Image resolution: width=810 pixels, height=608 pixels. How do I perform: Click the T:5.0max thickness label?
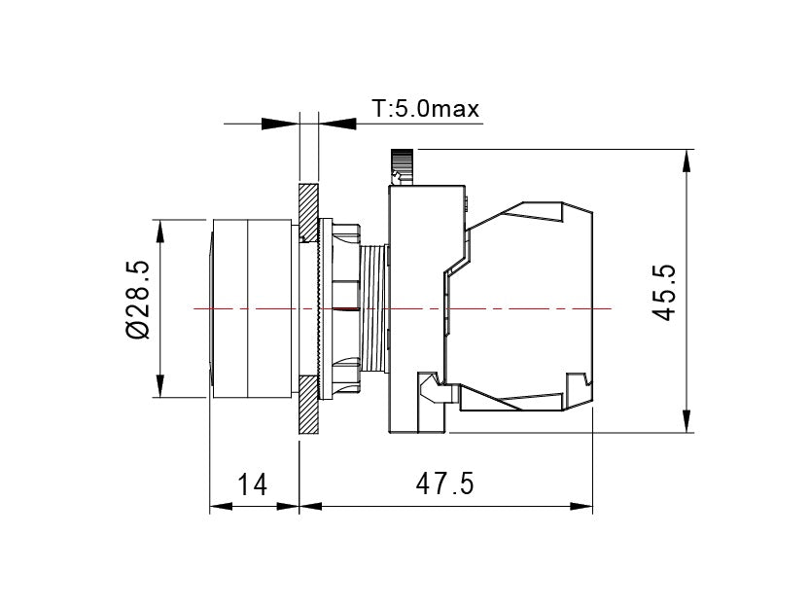pos(426,109)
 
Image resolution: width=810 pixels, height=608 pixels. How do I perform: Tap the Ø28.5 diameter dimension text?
pos(138,300)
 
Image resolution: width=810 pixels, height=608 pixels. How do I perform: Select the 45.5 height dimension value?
pos(664,292)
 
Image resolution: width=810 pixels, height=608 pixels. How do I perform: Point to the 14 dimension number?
pos(252,485)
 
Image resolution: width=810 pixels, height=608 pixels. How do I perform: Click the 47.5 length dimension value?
pos(444,484)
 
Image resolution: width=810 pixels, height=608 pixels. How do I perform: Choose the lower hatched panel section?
pos(309,405)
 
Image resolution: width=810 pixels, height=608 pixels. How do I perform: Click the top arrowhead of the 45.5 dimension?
pos(687,161)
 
